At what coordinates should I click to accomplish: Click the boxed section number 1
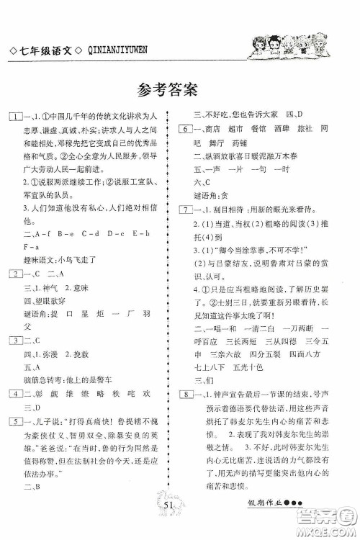point(14,116)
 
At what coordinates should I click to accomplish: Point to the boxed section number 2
point(14,274)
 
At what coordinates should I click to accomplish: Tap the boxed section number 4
point(14,393)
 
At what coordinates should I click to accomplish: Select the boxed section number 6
point(185,129)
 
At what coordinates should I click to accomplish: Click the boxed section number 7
point(185,229)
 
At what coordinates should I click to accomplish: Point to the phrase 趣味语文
point(38,258)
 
